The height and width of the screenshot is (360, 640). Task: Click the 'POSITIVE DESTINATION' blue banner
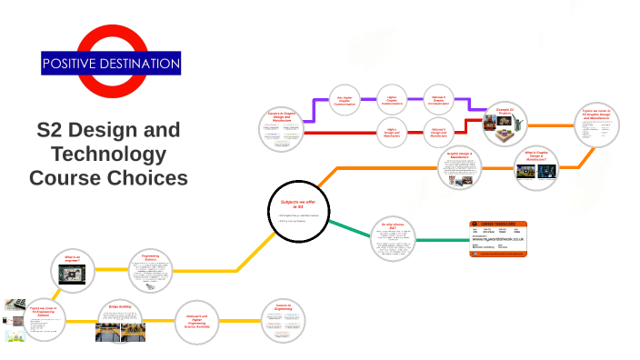(x=111, y=64)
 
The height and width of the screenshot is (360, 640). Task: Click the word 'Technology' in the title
(x=109, y=153)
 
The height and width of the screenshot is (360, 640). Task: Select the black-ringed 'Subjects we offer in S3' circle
(x=298, y=214)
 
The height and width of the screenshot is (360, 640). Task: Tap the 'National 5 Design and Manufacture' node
(x=438, y=133)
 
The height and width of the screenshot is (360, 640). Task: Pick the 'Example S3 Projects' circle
(x=505, y=124)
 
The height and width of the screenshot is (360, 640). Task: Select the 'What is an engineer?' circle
(x=73, y=270)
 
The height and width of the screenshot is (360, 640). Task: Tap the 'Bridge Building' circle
(x=121, y=322)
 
